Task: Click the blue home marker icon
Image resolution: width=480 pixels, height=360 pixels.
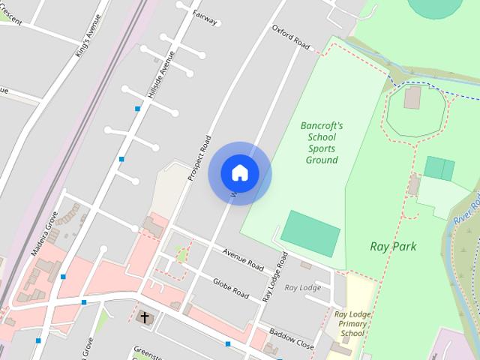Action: click(x=240, y=173)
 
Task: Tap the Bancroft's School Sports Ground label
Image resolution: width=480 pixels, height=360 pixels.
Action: click(x=322, y=142)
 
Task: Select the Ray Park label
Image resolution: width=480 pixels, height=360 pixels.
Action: click(x=393, y=246)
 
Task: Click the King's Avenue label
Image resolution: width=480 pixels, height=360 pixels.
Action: click(x=88, y=35)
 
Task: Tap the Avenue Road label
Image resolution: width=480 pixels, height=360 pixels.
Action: click(x=242, y=259)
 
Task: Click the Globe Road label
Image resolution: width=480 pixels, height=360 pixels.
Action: click(x=230, y=288)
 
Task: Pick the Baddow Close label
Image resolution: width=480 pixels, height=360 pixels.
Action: click(x=292, y=338)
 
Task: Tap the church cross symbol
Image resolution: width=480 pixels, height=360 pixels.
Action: click(x=145, y=318)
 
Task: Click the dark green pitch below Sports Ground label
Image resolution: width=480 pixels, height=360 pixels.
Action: click(x=310, y=233)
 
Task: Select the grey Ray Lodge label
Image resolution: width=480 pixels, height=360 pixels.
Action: click(x=302, y=287)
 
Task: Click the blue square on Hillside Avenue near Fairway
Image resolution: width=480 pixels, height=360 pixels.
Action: click(x=137, y=109)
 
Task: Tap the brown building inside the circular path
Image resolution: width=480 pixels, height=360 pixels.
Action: click(x=412, y=97)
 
